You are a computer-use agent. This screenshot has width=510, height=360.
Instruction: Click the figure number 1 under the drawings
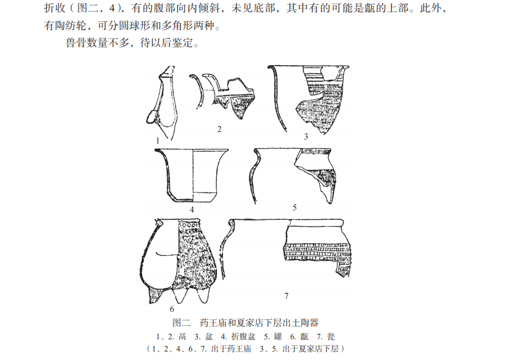158,141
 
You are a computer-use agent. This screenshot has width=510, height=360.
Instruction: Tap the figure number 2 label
219,129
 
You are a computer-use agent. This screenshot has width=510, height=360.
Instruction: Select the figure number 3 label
306,136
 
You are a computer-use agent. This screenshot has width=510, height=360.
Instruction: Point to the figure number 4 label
192,210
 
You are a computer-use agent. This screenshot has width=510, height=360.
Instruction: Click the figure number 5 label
295,208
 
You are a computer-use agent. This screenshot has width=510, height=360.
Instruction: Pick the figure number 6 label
172,309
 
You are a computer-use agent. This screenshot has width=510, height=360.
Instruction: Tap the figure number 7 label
286,296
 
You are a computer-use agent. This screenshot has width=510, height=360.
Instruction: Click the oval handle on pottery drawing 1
151,117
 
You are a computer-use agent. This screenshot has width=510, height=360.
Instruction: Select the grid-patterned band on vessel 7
317,252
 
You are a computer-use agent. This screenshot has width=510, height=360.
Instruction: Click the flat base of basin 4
193,200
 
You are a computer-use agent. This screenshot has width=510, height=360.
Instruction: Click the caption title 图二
181,323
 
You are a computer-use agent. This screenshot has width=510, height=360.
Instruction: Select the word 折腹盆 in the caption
243,337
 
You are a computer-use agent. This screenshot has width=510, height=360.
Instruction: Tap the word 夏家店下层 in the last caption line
311,349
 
